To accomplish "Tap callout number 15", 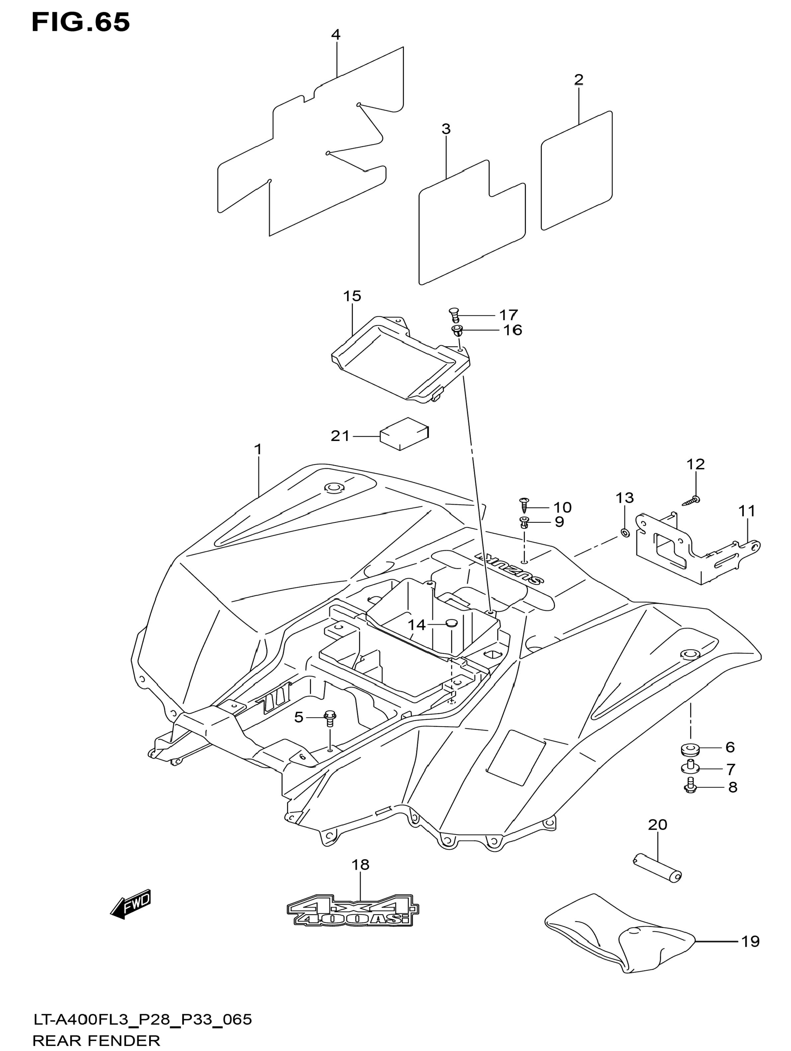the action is click(x=352, y=296).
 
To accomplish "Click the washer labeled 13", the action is click(x=625, y=533).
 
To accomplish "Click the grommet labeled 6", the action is click(x=688, y=750).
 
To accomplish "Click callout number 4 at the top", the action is click(x=336, y=35).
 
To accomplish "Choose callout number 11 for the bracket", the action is click(x=747, y=511).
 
